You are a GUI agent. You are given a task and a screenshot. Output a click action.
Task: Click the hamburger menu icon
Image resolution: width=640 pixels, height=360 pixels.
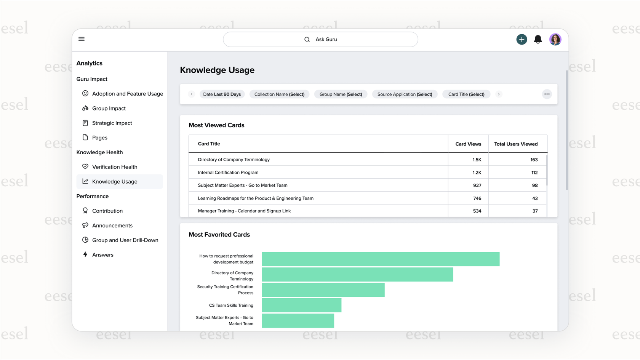click(x=82, y=39)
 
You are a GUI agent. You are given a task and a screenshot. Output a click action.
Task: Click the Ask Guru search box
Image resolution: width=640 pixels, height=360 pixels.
click(x=320, y=39)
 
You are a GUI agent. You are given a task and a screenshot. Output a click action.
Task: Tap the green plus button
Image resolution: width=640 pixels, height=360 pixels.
click(x=522, y=39)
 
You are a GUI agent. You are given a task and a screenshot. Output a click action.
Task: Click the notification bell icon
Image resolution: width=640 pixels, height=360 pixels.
click(x=538, y=39)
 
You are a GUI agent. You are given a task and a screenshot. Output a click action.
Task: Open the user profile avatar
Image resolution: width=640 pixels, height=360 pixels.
click(x=555, y=39)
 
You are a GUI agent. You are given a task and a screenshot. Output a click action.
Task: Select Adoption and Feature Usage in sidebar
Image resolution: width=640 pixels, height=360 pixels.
click(x=127, y=94)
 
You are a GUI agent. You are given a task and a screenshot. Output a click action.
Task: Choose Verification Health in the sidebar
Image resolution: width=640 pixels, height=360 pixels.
click(x=114, y=167)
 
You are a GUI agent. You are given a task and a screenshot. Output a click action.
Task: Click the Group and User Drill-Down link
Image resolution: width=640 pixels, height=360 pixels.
click(x=125, y=240)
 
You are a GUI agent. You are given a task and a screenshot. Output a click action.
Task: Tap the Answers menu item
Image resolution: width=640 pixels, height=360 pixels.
click(x=102, y=255)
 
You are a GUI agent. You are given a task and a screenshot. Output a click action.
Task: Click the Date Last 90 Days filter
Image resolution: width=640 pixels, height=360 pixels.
click(x=222, y=94)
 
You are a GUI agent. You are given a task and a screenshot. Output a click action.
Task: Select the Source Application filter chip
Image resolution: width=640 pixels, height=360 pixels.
click(x=405, y=94)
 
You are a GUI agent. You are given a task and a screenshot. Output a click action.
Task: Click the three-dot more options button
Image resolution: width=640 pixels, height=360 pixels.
click(x=547, y=94)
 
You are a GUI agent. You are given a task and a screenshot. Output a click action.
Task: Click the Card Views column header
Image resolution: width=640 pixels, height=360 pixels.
click(x=468, y=144)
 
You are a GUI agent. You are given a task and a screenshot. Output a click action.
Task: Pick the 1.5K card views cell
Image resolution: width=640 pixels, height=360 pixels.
click(x=477, y=160)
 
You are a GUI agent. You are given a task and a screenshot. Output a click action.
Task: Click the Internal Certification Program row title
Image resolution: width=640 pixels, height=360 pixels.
click(x=228, y=173)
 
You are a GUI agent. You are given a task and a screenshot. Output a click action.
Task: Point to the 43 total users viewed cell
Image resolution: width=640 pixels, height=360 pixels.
click(x=534, y=198)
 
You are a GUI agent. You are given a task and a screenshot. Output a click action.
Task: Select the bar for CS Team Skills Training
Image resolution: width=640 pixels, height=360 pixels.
click(x=301, y=305)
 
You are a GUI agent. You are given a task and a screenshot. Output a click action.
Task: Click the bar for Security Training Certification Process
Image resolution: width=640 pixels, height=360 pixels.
click(x=323, y=290)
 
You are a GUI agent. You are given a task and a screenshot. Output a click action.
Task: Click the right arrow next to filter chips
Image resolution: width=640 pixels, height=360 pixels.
click(x=499, y=94)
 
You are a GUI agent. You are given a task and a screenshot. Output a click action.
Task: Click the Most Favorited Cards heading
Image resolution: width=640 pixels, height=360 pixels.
click(x=219, y=235)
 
